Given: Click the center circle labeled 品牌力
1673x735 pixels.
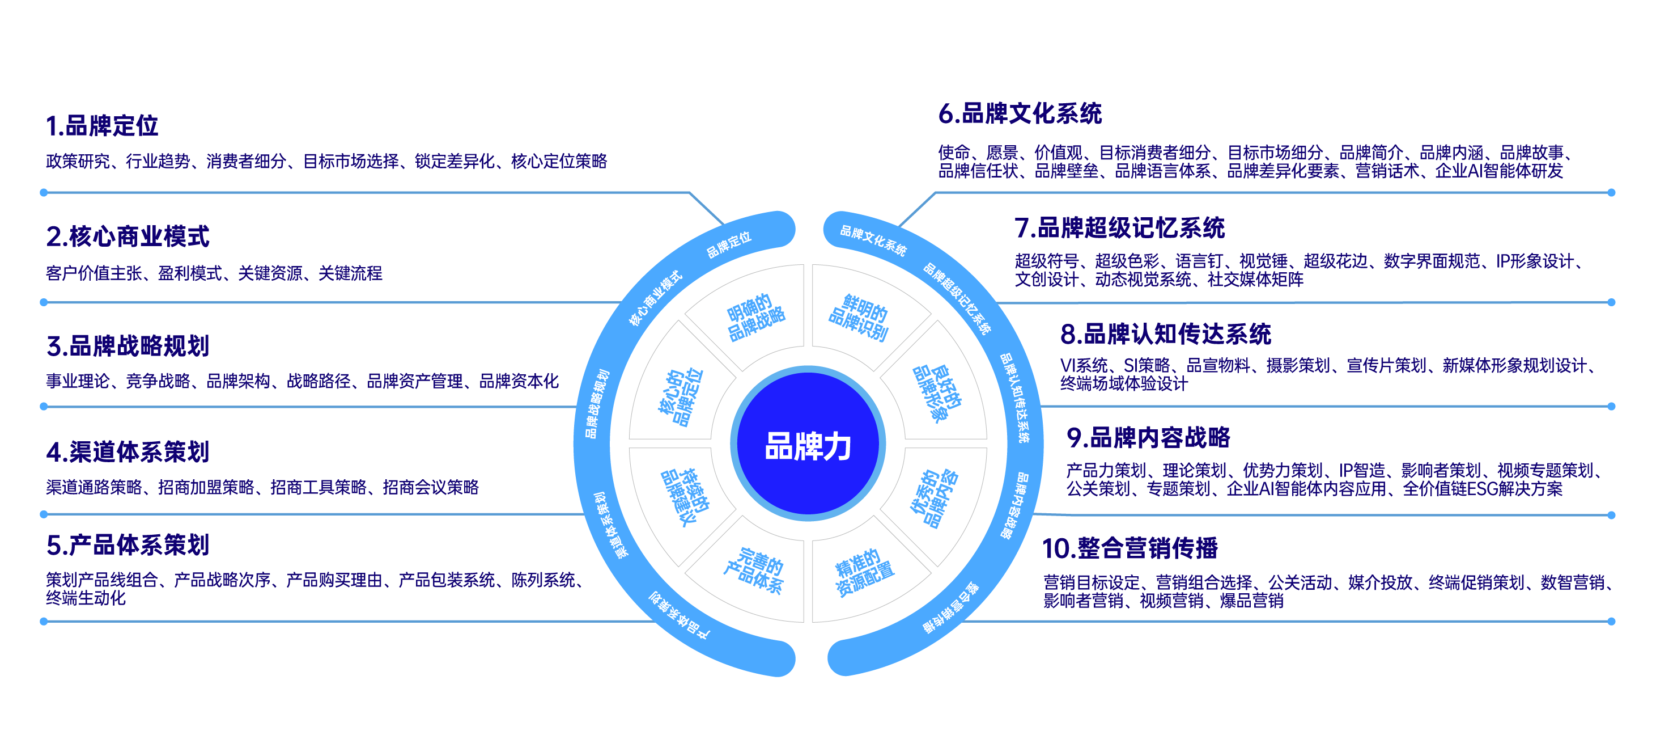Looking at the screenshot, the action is pyautogui.click(x=808, y=445).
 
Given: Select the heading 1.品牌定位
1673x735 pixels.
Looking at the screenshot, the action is pyautogui.click(x=102, y=125).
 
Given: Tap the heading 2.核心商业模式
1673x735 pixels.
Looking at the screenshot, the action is pyautogui.click(x=128, y=236).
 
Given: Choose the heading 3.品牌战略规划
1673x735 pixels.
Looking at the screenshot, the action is pyautogui.click(x=128, y=346).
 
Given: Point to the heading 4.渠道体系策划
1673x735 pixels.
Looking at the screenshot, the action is pyautogui.click(x=128, y=451).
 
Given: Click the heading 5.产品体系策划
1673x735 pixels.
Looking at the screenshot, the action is pyautogui.click(x=128, y=545).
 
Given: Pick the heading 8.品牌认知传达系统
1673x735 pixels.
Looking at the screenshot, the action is pyautogui.click(x=1165, y=334).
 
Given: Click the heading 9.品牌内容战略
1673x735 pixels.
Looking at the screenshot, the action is pyautogui.click(x=1148, y=437).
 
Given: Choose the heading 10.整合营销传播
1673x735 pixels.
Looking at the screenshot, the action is pyautogui.click(x=1130, y=548).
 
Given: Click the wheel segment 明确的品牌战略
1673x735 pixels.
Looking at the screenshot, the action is pyautogui.click(x=755, y=316).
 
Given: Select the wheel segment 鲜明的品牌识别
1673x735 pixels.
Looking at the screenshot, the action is pyautogui.click(x=859, y=317).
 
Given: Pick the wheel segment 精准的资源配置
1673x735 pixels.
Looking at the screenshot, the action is pyautogui.click(x=863, y=571).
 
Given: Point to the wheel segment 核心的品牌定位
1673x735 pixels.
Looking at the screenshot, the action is pyautogui.click(x=680, y=396).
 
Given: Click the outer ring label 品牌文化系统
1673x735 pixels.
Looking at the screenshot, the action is pyautogui.click(x=873, y=240).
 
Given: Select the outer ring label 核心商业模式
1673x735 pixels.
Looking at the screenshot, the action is pyautogui.click(x=655, y=298).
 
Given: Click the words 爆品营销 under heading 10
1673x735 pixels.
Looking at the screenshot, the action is pyautogui.click(x=1251, y=601).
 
